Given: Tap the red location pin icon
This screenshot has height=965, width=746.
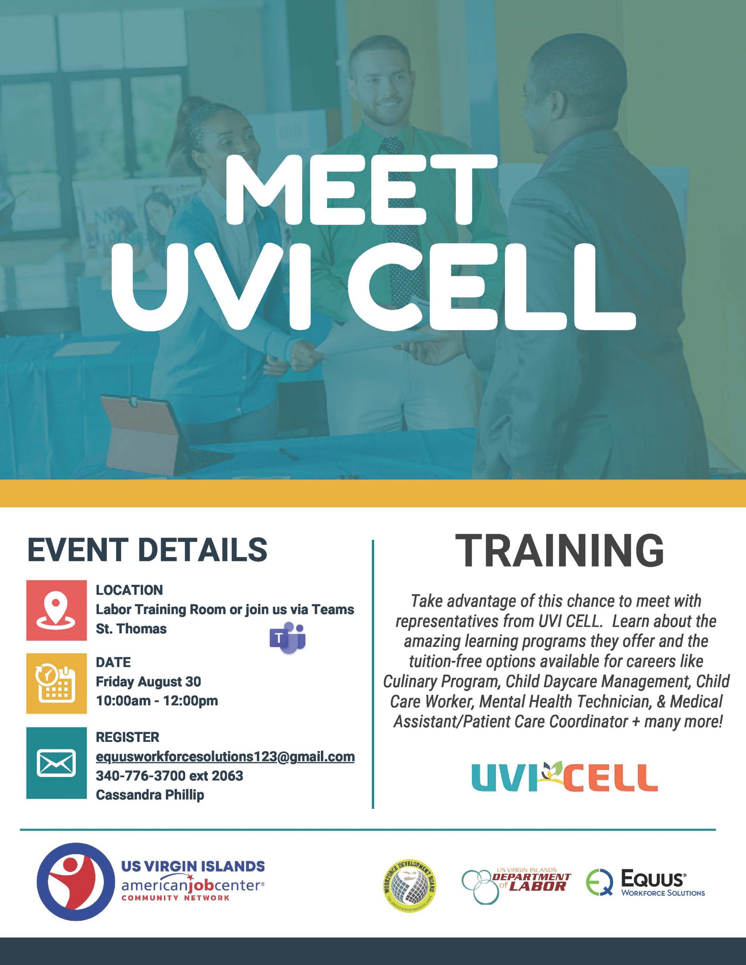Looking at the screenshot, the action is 56,610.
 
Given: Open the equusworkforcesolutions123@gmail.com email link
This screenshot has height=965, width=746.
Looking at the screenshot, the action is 225,756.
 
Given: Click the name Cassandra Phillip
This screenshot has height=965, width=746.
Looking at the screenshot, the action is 150,795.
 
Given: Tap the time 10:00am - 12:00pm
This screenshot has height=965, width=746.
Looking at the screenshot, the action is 157,701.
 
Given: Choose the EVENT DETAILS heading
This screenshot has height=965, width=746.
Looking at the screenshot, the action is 147,549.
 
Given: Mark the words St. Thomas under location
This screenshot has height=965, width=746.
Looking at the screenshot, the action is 131,629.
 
